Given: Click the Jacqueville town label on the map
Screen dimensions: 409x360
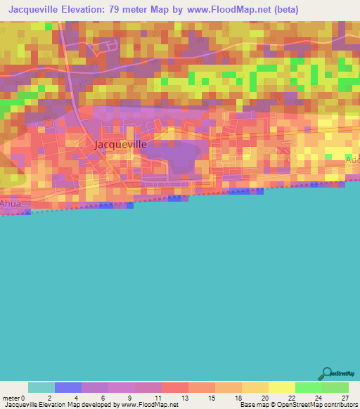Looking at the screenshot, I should click(120, 144).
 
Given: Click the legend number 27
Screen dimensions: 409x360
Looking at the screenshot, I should click(345, 398).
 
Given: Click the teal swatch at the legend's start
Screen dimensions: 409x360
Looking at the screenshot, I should click(41, 387).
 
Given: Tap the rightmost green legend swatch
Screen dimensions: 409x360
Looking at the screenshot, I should click(335, 387).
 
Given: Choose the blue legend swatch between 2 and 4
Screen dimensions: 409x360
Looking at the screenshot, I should click(67, 387).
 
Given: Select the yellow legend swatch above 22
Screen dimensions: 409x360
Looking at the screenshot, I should click(281, 387).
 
